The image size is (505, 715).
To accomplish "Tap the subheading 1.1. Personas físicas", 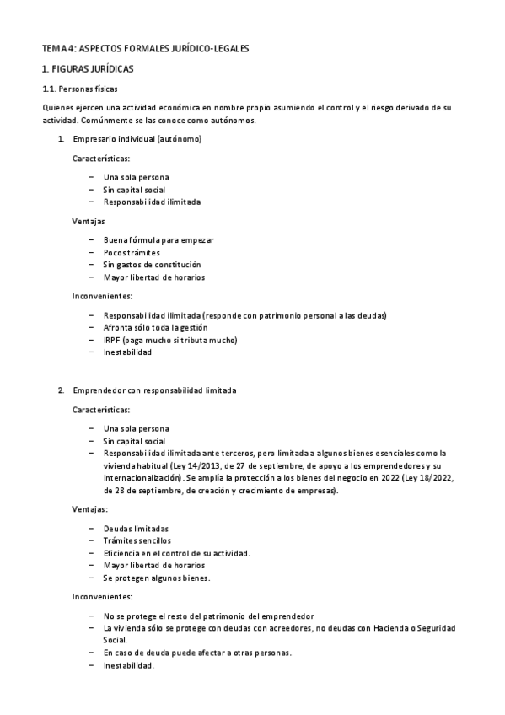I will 81,88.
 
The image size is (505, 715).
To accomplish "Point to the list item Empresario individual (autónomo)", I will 137,138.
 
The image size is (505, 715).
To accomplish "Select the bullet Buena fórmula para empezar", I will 158,240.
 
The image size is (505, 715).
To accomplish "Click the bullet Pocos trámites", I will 132,252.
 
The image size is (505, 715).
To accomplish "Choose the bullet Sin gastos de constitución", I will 152,265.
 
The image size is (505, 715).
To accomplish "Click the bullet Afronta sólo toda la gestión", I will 155,327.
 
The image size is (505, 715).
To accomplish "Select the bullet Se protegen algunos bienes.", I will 156,578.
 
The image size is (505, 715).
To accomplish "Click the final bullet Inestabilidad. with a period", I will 129,665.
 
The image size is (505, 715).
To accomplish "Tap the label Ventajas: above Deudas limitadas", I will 90,510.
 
